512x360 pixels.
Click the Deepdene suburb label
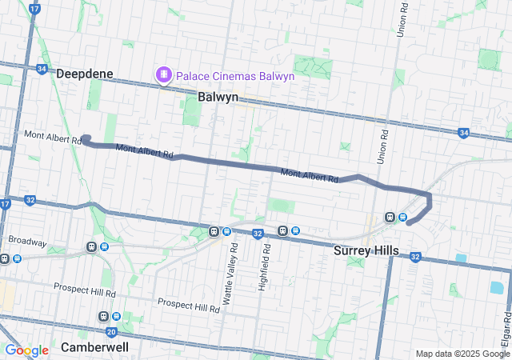[x=85, y=74]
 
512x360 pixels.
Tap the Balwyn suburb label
[x=218, y=97]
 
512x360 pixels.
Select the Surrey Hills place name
[x=366, y=250]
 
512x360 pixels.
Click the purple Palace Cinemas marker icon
[x=165, y=75]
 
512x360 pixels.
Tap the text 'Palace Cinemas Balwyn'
[x=234, y=76]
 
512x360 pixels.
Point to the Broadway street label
[x=27, y=241]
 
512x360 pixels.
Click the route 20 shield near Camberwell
[x=111, y=331]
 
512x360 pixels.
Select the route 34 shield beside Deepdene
[x=42, y=69]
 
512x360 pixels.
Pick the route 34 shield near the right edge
[x=464, y=133]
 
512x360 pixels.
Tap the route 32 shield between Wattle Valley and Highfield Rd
[x=257, y=234]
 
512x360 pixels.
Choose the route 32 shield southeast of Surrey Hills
[x=415, y=257]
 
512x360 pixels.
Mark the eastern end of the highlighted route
[x=409, y=223]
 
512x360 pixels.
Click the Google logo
[x=26, y=350]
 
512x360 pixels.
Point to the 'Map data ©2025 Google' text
[x=462, y=354]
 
